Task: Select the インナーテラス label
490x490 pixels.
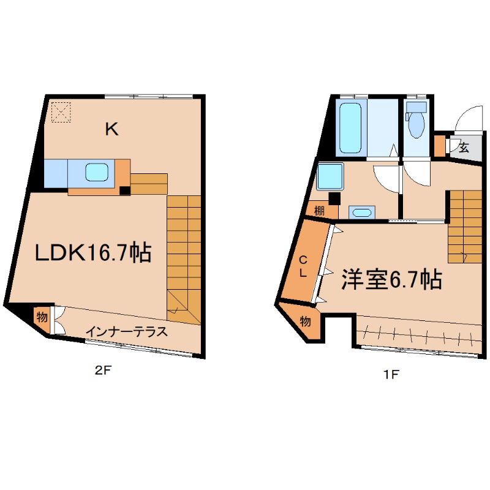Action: (x=127, y=332)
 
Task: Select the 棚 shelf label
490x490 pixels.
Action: (x=319, y=211)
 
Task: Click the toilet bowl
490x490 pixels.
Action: (x=417, y=124)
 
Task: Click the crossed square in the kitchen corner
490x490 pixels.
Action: (x=61, y=111)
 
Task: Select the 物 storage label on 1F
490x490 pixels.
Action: (x=306, y=321)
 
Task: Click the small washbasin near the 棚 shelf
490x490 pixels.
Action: (x=361, y=213)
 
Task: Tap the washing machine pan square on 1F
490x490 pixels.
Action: (x=330, y=178)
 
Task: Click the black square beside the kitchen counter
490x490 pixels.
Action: (x=124, y=190)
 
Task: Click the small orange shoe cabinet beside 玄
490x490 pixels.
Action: (x=439, y=146)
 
